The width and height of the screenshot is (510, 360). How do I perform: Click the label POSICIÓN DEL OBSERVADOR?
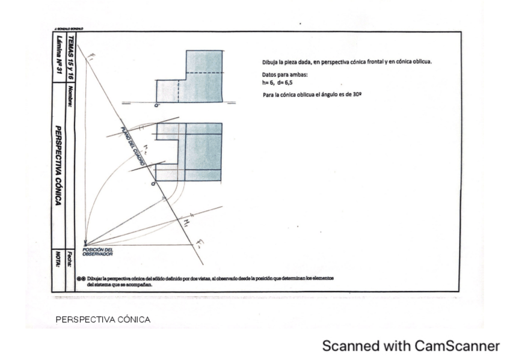coord(97,252)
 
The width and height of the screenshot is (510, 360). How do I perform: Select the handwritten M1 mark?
coord(186,222)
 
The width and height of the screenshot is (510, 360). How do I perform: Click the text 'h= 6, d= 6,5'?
coord(277,83)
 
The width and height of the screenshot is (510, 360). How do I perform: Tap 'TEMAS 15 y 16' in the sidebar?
coord(71,55)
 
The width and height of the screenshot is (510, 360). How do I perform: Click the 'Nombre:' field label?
coord(71,97)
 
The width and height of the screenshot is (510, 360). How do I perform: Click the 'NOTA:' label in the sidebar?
coord(58,259)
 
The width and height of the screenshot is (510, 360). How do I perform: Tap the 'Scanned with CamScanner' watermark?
coord(411,346)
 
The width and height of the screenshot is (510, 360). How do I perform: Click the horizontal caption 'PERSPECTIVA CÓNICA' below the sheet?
coord(103,319)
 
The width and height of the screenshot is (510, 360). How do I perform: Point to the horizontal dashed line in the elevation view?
coord(204,73)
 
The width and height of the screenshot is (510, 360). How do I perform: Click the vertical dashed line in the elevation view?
coord(179,91)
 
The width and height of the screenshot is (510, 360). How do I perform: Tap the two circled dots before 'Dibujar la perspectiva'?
coord(82,279)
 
